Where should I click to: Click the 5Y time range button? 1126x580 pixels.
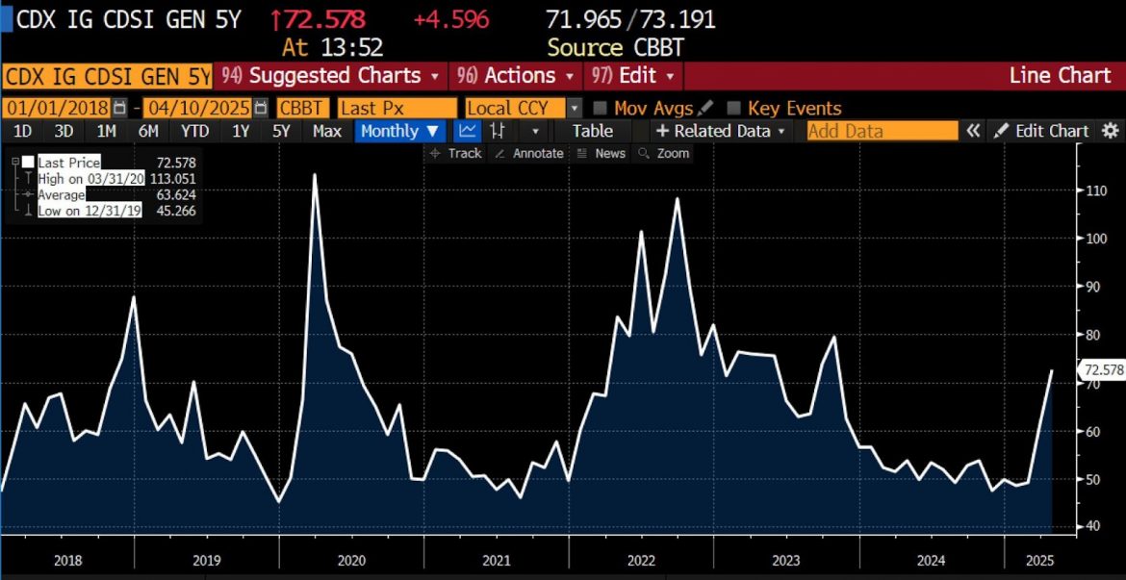[281, 131]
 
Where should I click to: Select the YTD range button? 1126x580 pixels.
[195, 131]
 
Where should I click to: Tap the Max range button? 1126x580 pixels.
[327, 131]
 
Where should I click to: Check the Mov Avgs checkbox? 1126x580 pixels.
[600, 109]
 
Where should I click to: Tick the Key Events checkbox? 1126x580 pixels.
[734, 109]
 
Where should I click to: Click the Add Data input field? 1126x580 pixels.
[881, 131]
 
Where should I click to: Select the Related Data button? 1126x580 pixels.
[721, 131]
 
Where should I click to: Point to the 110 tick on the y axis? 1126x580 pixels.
[1090, 190]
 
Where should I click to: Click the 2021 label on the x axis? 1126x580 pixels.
[496, 561]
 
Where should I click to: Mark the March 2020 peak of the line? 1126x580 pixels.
[315, 174]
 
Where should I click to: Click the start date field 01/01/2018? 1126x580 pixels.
[58, 109]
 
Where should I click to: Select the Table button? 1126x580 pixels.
[592, 131]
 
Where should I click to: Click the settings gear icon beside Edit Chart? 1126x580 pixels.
[1111, 131]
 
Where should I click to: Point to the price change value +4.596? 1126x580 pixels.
[451, 19]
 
